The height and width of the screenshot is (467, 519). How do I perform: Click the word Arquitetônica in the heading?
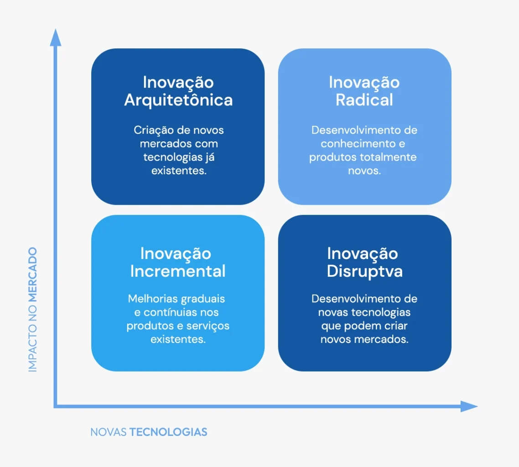coord(178,100)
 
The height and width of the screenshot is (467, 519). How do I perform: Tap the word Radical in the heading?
coord(364,100)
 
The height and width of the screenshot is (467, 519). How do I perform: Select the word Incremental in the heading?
coord(178,271)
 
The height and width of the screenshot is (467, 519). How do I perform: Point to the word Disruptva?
coord(364,271)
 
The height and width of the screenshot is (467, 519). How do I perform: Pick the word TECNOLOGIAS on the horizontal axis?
coord(168,432)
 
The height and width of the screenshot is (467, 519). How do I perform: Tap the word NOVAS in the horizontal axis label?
coord(109,432)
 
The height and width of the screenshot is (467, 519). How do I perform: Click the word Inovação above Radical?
coord(364,83)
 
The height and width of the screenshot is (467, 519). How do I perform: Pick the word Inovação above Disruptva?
coord(363,254)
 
